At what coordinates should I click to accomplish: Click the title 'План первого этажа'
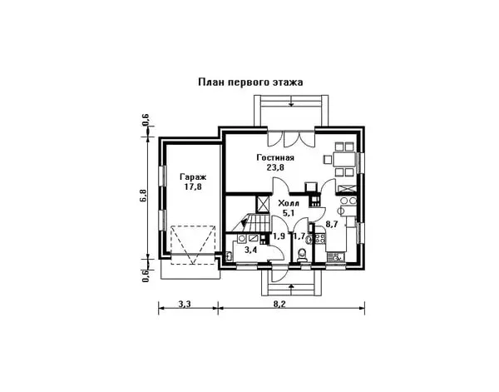coord(250,82)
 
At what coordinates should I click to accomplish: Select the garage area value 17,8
coord(193,186)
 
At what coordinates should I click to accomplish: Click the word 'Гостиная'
coord(275,157)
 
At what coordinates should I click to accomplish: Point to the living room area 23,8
coord(275,167)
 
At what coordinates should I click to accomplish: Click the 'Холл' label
coord(289,203)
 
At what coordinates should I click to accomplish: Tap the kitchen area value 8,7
coord(332,224)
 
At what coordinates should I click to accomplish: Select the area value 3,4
coord(251,250)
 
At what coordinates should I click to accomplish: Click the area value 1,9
coord(279,236)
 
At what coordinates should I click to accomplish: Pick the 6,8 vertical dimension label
coord(143,196)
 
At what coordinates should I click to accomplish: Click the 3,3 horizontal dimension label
coord(185,304)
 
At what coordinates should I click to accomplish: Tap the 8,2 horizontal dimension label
coord(279,304)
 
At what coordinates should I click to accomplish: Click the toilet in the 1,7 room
coord(301,256)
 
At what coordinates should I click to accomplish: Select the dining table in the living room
coord(344,159)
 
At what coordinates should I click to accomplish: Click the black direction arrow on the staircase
coord(244,222)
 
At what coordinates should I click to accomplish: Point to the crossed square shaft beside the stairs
coord(263,204)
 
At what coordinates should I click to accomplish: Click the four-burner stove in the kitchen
coord(319,238)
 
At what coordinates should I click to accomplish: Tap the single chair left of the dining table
coord(327,159)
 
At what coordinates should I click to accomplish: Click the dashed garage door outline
coord(193,245)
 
